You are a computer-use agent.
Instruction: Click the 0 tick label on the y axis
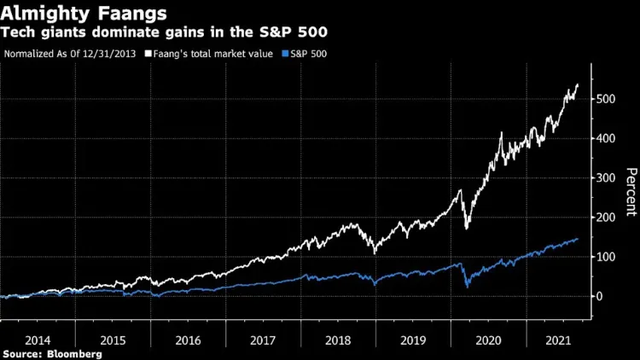(602, 296)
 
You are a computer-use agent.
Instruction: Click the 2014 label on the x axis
(38, 339)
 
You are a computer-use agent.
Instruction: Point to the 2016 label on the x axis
(189, 339)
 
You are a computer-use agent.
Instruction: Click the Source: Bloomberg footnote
(52, 352)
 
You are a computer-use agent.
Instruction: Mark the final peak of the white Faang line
(578, 84)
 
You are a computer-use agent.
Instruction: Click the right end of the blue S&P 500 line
(578, 239)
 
